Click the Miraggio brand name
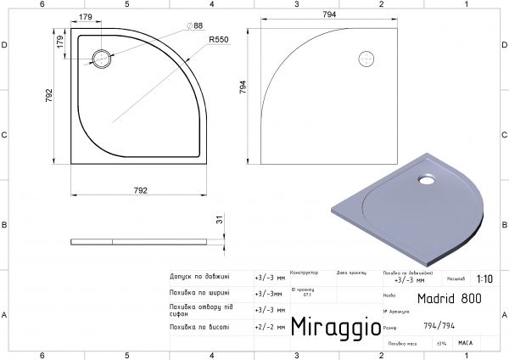(330, 327)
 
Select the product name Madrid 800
(443, 298)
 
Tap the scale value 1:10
(484, 278)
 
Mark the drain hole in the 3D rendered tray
(423, 179)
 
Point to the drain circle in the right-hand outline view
(367, 59)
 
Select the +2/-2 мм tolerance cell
(270, 326)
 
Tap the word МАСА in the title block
(465, 343)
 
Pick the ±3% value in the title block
(441, 343)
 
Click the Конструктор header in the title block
(304, 273)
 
